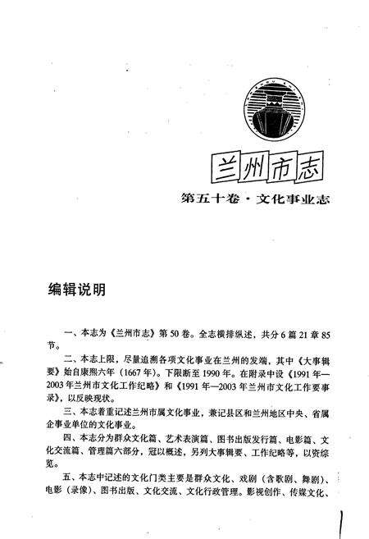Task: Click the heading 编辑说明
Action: (75, 291)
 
